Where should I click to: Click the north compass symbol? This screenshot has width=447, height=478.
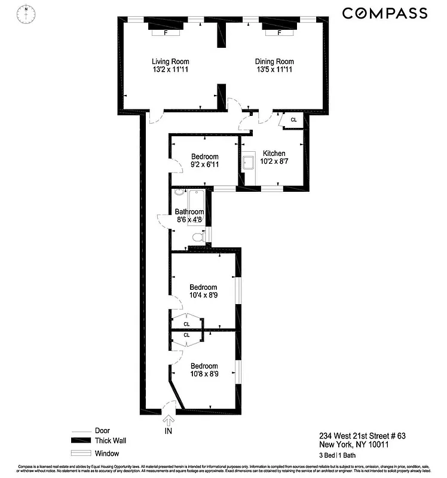coord(26,13)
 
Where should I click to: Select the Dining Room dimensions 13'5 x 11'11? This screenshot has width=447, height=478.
coord(274,70)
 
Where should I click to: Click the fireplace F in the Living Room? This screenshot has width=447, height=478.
coord(166,33)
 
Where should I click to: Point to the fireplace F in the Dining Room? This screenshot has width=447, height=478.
coord(280,33)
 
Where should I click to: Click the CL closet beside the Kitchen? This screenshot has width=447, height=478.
coord(293,120)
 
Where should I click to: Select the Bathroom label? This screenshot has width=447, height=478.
coord(189,212)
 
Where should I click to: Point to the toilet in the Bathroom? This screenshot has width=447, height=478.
coord(199,238)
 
